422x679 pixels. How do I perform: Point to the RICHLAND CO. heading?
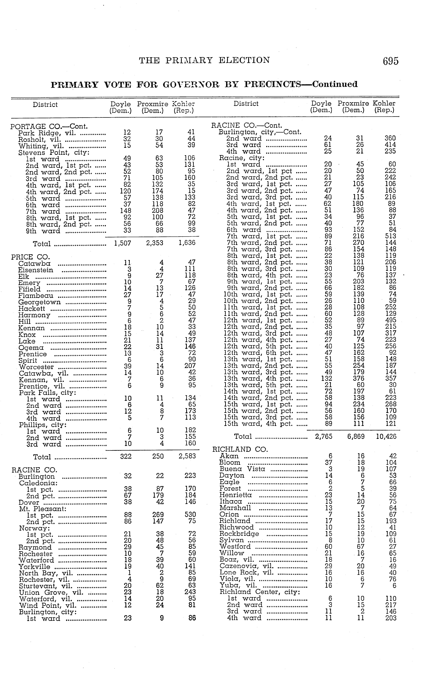[240, 449]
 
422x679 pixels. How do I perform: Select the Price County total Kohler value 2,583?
[187, 456]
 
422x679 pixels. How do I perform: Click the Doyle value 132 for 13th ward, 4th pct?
[326, 378]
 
